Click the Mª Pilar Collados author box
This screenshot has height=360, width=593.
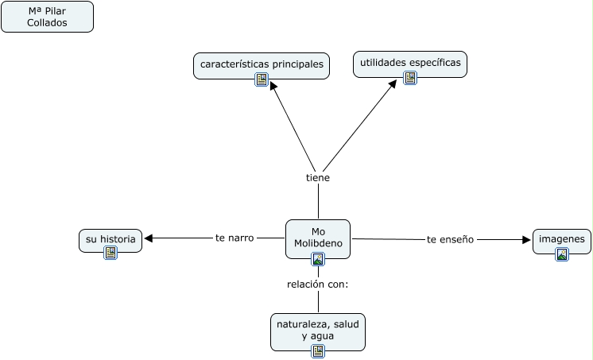click(47, 17)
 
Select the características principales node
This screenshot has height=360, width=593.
click(262, 64)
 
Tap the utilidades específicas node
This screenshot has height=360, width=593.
click(409, 62)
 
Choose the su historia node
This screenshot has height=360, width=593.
click(110, 238)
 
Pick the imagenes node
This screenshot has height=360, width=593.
click(561, 238)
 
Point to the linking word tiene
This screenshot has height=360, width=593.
click(318, 178)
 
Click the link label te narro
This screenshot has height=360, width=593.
click(234, 238)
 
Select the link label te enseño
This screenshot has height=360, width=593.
click(450, 239)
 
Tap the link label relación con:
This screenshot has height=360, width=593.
click(318, 284)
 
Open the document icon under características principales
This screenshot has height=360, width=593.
click(262, 79)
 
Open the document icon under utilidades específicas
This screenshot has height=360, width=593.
click(410, 78)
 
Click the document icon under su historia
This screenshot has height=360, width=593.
click(110, 253)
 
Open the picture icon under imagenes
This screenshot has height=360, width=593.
click(562, 254)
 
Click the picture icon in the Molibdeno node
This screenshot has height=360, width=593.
click(318, 258)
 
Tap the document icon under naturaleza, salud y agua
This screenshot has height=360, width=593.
click(318, 350)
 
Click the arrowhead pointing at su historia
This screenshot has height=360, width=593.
click(149, 238)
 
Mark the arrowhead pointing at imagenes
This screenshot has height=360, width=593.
click(526, 239)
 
